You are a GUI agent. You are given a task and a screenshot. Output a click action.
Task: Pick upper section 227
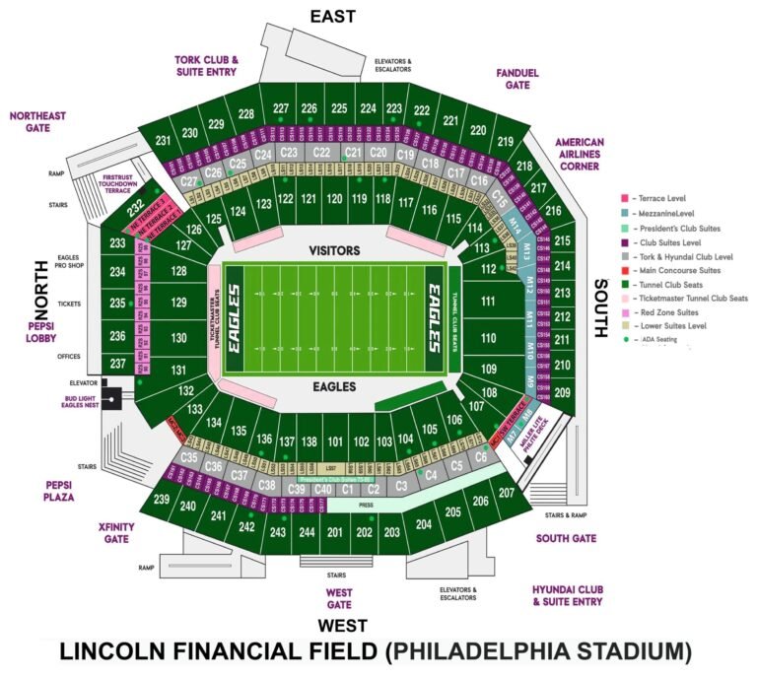click(281, 107)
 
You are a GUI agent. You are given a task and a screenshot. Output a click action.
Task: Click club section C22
click(321, 153)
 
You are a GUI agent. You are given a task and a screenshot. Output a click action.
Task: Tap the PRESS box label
click(366, 504)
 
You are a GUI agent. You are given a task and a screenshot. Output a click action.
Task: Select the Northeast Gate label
click(37, 121)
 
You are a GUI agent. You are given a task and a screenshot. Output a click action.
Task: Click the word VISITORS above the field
click(333, 250)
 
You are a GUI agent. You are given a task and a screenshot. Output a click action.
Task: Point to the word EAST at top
click(332, 16)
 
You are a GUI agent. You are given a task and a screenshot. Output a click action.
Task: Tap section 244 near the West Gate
click(307, 533)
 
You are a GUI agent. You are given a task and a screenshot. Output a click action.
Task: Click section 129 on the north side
click(178, 305)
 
